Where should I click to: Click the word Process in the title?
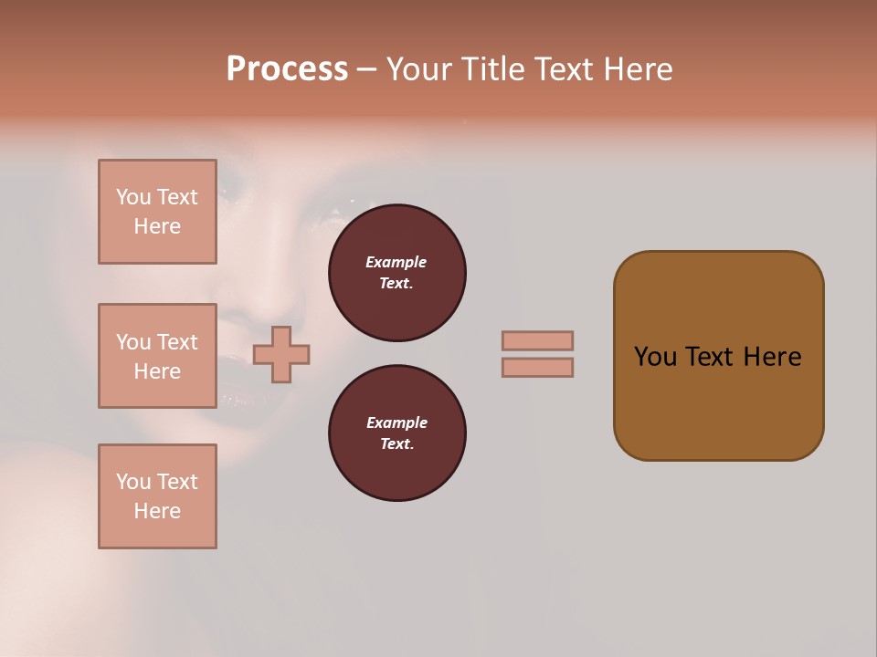pyautogui.click(x=287, y=69)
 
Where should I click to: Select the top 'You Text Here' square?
pyautogui.click(x=157, y=212)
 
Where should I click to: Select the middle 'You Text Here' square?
pyautogui.click(x=157, y=356)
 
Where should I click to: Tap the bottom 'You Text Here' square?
pyautogui.click(x=157, y=496)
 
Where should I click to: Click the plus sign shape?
pyautogui.click(x=281, y=354)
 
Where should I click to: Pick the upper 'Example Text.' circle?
pyautogui.click(x=396, y=273)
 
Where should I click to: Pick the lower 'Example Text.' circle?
pyautogui.click(x=396, y=433)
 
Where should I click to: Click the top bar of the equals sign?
pyautogui.click(x=537, y=340)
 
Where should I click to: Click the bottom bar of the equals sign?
pyautogui.click(x=537, y=367)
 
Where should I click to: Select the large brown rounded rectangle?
pyautogui.click(x=718, y=356)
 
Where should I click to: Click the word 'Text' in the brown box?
pyautogui.click(x=713, y=357)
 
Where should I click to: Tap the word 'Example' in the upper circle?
pyautogui.click(x=396, y=263)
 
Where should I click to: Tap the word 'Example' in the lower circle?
pyautogui.click(x=396, y=423)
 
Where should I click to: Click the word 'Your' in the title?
pyautogui.click(x=417, y=69)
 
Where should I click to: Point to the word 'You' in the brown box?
pyautogui.click(x=654, y=357)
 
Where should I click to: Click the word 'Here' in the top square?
pyautogui.click(x=157, y=226)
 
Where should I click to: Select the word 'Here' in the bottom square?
pyautogui.click(x=157, y=511)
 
